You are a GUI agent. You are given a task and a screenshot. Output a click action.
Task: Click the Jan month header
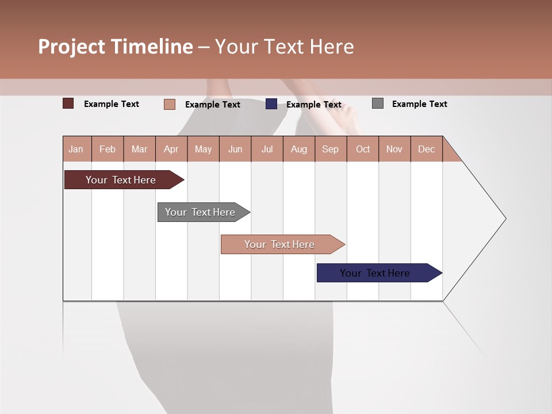[76, 149]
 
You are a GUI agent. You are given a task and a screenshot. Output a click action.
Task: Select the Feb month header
[108, 149]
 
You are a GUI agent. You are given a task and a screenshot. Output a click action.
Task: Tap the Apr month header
[171, 149]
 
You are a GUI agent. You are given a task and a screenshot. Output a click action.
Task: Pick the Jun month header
[235, 149]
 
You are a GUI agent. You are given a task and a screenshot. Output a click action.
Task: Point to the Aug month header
[299, 149]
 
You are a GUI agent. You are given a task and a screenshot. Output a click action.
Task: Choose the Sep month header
[331, 149]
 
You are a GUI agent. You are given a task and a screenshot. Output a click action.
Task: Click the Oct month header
[363, 149]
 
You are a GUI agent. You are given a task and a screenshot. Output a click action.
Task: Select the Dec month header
[427, 149]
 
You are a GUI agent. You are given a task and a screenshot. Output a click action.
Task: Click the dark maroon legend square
[68, 103]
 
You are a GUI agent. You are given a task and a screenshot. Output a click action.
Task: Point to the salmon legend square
[170, 104]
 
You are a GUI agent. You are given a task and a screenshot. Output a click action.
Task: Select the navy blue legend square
[271, 104]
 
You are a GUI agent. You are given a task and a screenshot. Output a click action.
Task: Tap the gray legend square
[378, 103]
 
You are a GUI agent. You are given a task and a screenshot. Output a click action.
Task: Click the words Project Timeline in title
[115, 47]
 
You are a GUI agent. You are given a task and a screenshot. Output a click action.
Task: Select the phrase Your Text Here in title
[284, 47]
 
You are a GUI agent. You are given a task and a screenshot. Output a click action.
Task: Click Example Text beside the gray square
[419, 104]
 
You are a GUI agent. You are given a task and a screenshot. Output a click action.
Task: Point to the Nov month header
[394, 149]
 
